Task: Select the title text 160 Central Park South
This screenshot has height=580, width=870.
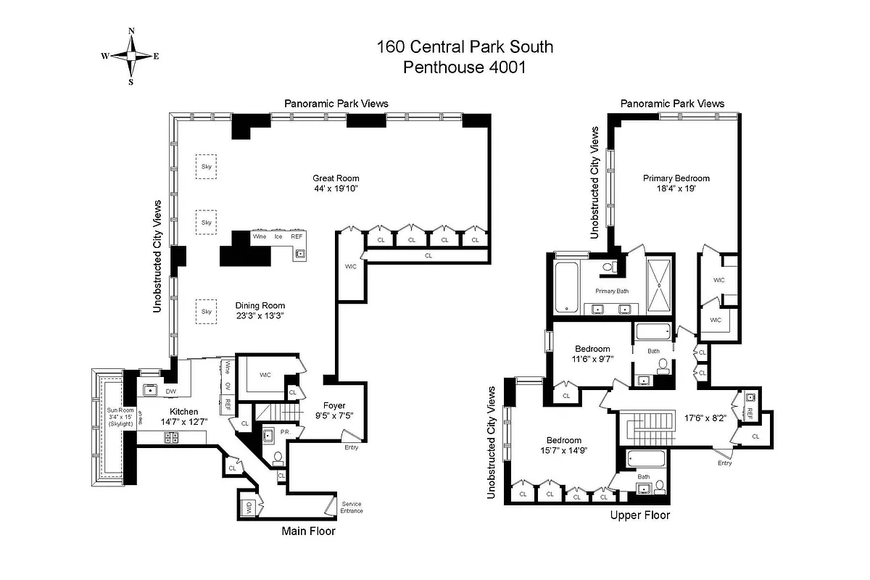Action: point(465,47)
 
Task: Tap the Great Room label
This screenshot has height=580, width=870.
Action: point(336,178)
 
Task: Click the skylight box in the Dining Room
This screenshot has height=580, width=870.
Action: point(207,312)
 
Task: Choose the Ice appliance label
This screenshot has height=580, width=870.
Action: point(278,236)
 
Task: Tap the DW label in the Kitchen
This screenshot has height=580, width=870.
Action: point(171,391)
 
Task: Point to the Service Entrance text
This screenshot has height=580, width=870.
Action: point(352,507)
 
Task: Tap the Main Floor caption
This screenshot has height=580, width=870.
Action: point(308,531)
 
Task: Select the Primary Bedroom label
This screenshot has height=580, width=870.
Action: point(676,178)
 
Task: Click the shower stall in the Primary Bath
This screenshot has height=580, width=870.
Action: point(659,285)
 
